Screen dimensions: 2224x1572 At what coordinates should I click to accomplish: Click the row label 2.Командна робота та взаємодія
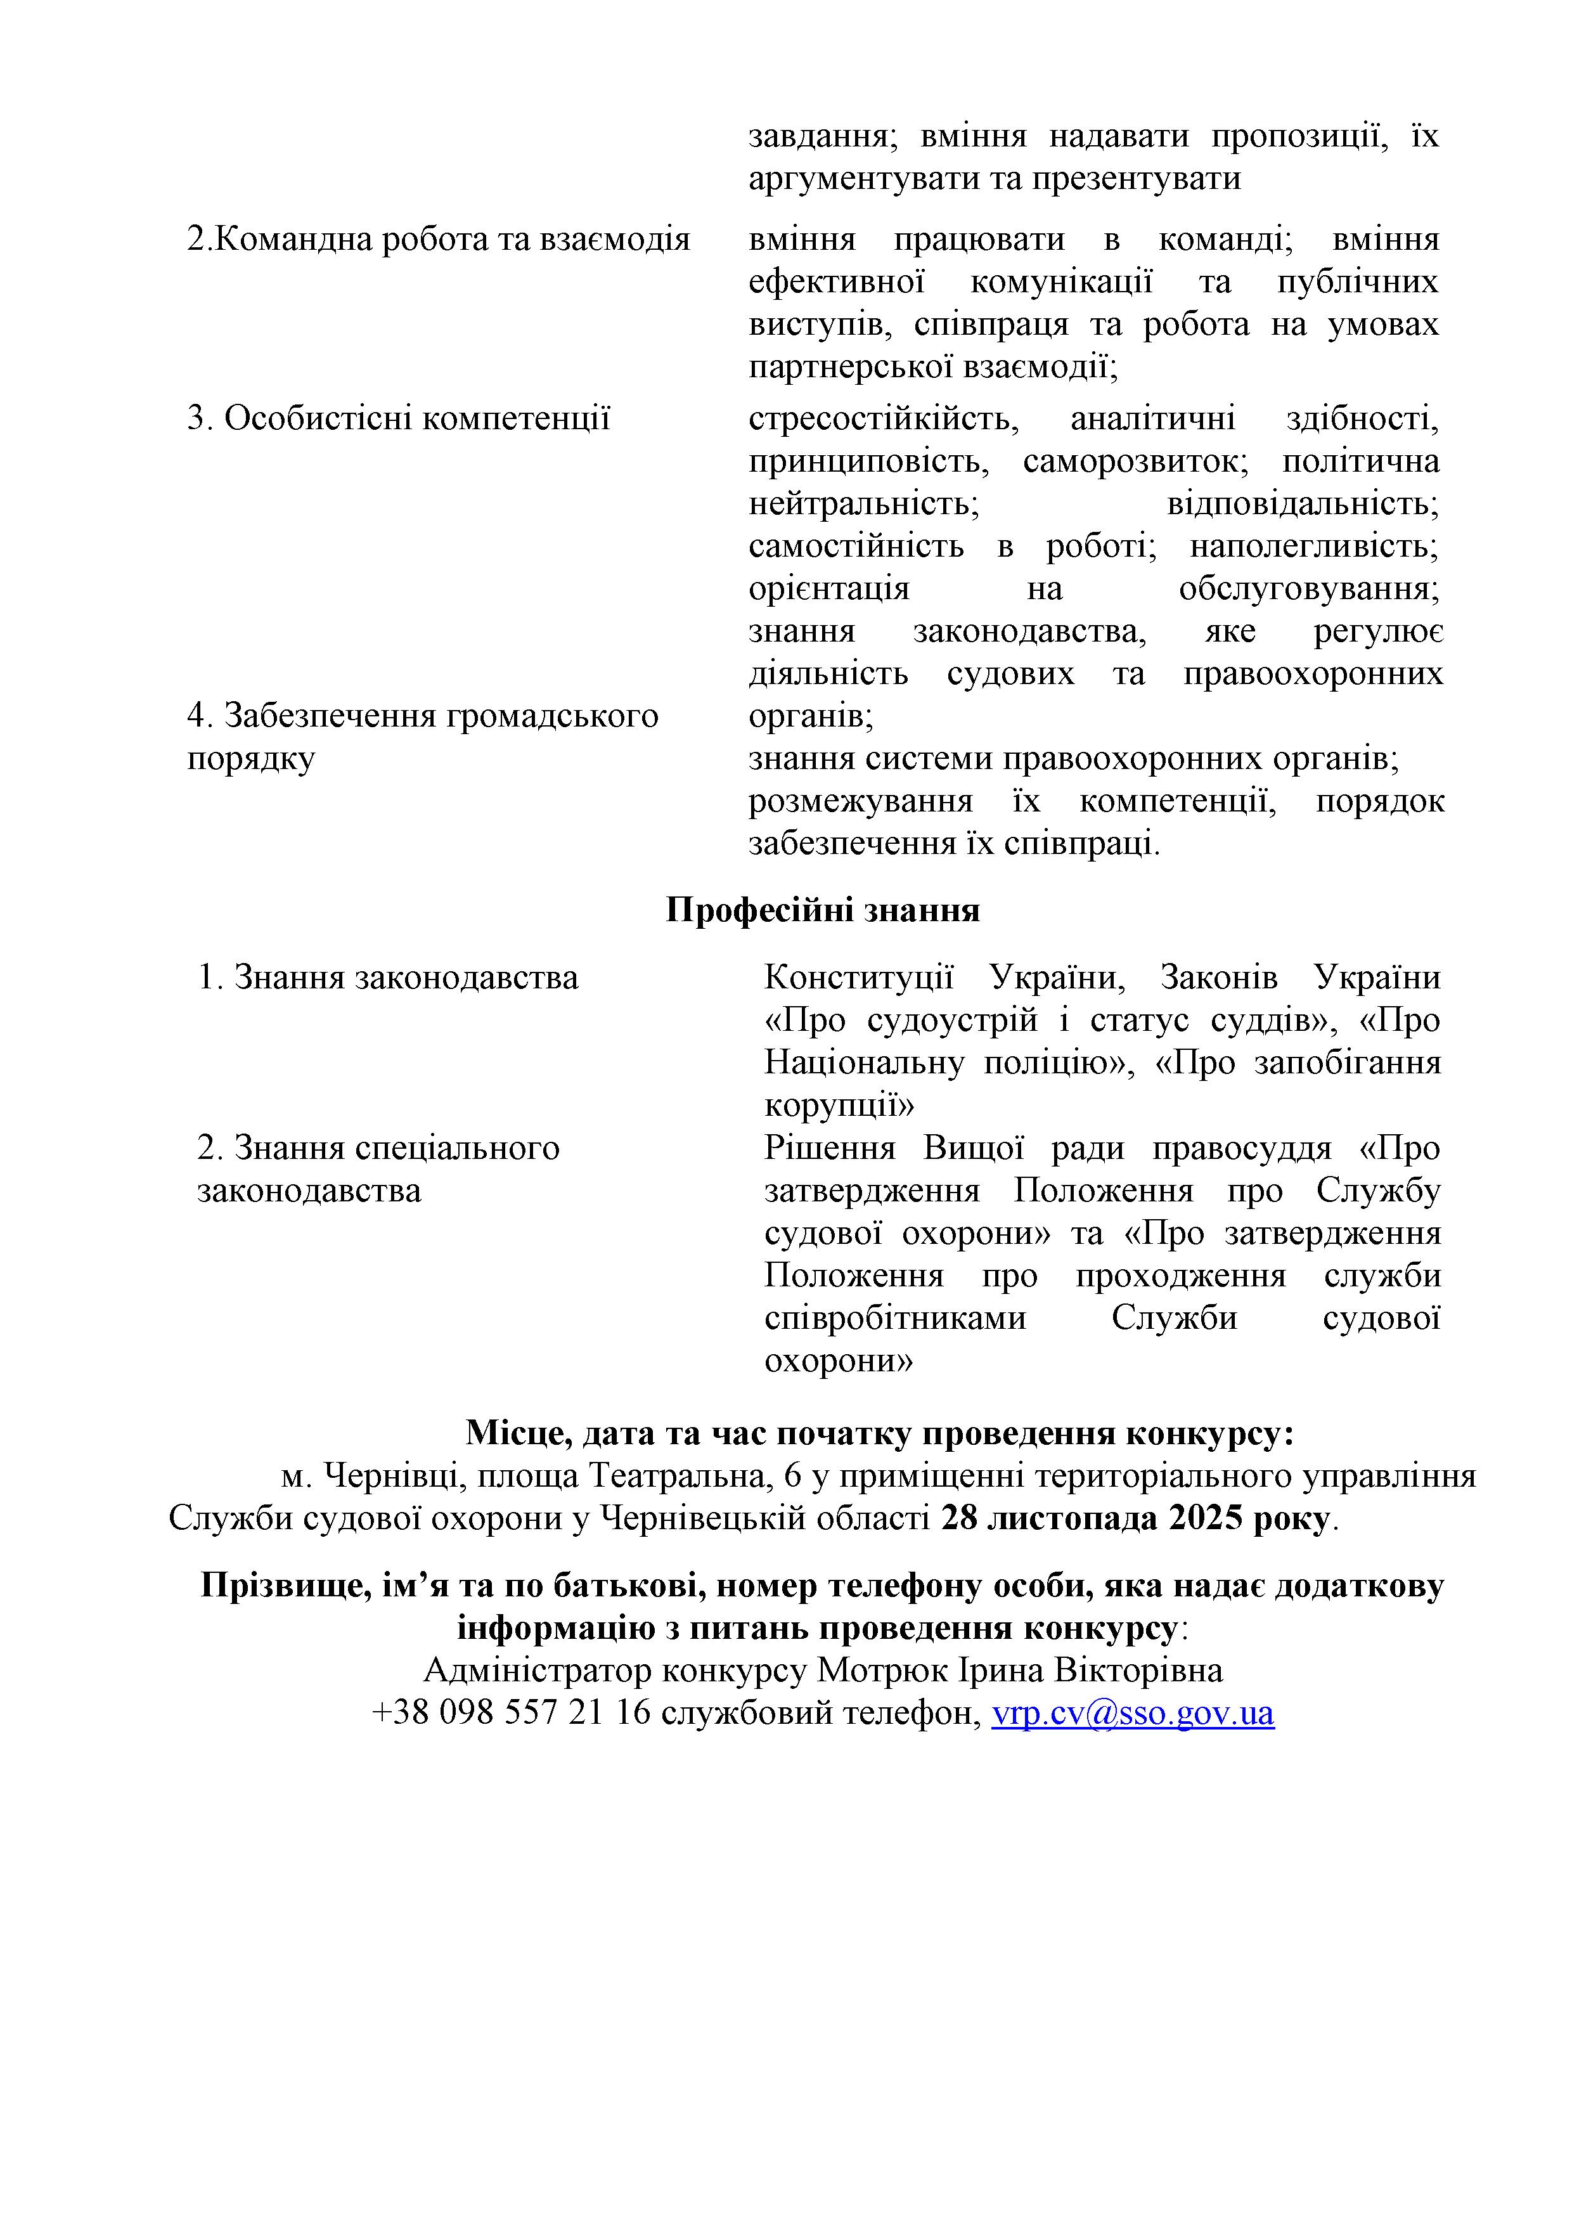[438, 239]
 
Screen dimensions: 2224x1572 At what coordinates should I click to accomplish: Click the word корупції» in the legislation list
[839, 1105]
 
